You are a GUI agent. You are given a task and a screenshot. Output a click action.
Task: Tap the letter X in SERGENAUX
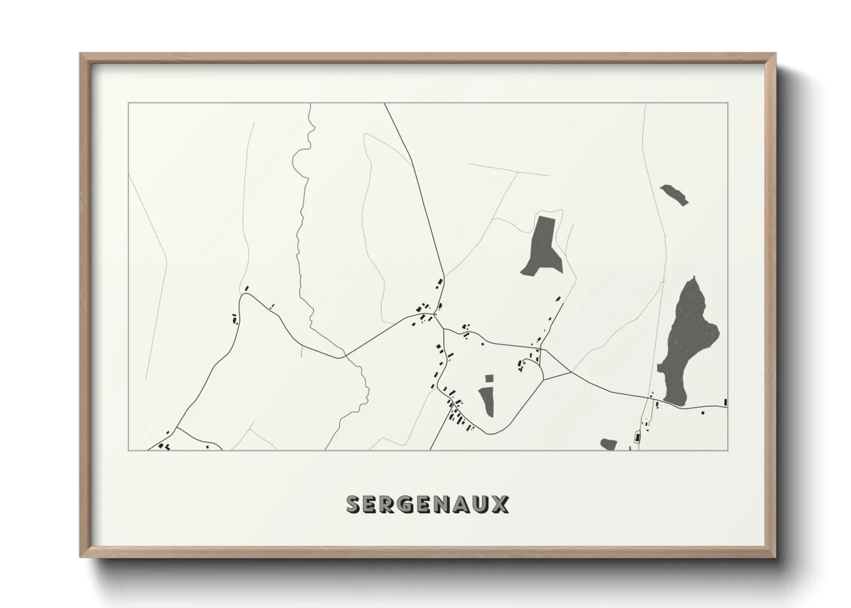pos(499,504)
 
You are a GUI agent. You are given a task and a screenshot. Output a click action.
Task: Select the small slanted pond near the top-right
pos(674,194)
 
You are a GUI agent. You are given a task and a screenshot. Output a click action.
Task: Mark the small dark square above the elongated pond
pos(489,378)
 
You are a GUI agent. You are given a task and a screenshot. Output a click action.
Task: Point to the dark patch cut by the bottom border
pos(608,444)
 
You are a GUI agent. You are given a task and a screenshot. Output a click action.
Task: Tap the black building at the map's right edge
pos(726,402)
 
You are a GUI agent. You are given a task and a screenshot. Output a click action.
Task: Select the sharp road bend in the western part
pos(244,295)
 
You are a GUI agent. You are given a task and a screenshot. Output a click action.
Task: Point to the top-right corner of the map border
pos(728,103)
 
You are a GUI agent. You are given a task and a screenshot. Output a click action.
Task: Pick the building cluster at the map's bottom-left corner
pos(164,445)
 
